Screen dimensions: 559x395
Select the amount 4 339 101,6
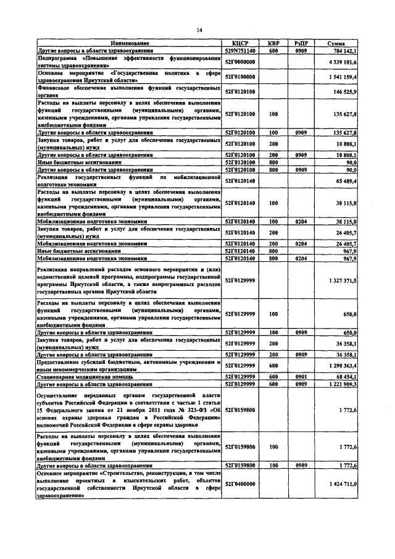click(x=340, y=62)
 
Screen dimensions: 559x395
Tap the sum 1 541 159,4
click(x=340, y=77)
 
